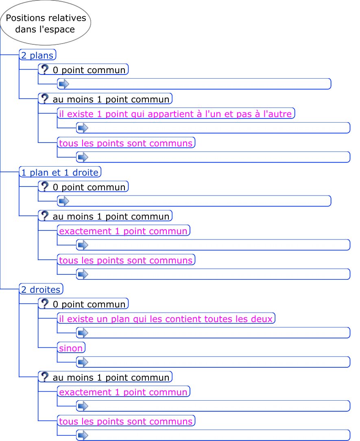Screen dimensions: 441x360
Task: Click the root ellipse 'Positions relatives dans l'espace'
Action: pos(46,23)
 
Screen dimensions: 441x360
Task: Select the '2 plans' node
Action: pos(37,55)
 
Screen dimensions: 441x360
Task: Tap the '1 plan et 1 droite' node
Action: pos(60,172)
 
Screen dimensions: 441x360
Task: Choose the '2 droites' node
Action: pos(41,290)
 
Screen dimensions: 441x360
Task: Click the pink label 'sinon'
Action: pos(71,348)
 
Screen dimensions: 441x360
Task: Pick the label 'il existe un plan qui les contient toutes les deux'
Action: pos(166,319)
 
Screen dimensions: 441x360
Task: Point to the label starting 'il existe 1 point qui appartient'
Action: pos(175,114)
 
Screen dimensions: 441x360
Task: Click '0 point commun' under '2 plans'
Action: pos(89,70)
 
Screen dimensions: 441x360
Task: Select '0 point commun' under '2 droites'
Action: pos(89,304)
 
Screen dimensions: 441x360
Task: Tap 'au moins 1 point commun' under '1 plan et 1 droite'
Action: pos(111,216)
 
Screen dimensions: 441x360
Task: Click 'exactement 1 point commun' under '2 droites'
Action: pos(123,392)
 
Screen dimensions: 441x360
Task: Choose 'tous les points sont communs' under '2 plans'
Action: pos(126,143)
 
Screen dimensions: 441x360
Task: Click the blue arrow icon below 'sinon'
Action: pos(83,362)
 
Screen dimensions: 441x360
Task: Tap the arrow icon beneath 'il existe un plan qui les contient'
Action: pos(83,333)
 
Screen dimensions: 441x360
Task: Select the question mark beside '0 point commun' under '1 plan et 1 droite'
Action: pos(45,186)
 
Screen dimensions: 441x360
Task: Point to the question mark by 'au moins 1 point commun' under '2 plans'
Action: pos(45,99)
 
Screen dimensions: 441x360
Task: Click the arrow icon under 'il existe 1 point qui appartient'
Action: pos(83,127)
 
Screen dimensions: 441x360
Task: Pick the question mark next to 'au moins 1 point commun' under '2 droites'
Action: pos(45,377)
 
